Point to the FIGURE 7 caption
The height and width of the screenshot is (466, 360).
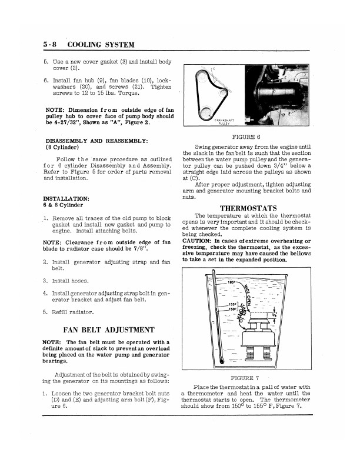click(x=248, y=378)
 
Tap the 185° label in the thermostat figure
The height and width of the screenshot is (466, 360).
click(x=231, y=282)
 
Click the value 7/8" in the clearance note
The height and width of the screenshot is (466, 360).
click(x=149, y=248)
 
